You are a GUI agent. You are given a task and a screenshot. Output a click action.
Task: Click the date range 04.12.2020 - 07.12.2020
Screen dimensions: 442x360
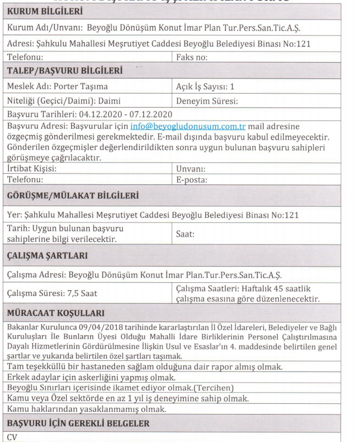point(116,115)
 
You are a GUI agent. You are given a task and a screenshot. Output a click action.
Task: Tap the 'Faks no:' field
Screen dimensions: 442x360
point(192,57)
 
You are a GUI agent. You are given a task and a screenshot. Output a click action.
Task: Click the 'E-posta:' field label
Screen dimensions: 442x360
point(192,179)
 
